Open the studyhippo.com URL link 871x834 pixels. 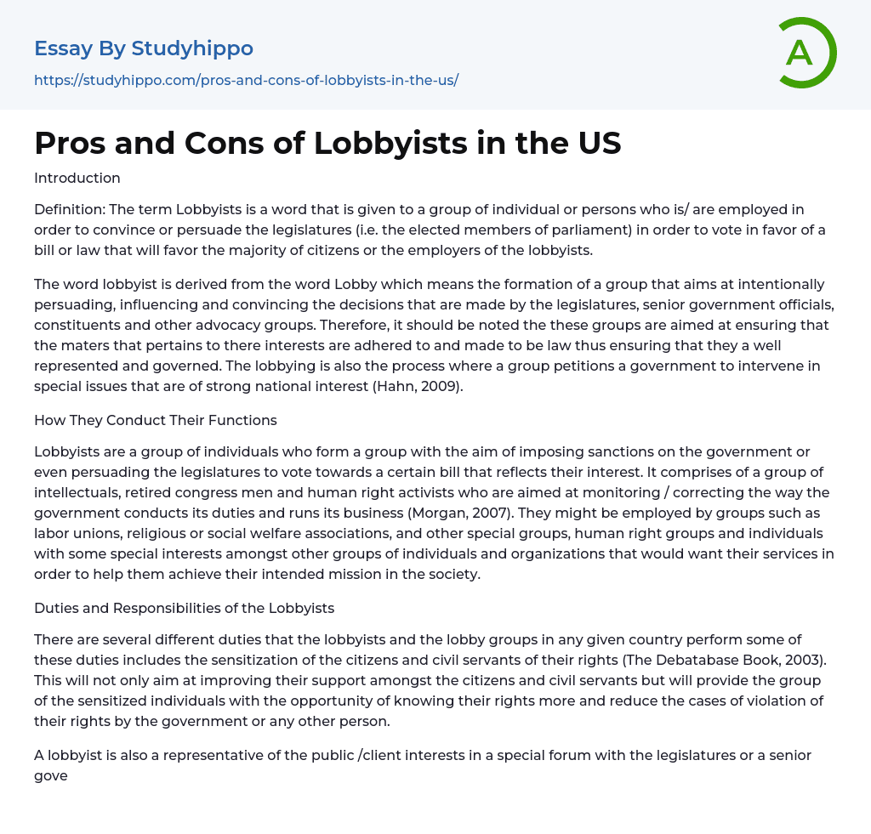246,81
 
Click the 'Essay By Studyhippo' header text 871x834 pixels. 144,48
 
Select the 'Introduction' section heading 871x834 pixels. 77,178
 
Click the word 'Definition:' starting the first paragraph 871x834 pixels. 70,209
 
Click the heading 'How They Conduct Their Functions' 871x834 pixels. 156,420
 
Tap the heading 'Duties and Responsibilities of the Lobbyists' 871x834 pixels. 184,608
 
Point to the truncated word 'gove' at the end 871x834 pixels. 51,775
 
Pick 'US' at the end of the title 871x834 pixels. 598,144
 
